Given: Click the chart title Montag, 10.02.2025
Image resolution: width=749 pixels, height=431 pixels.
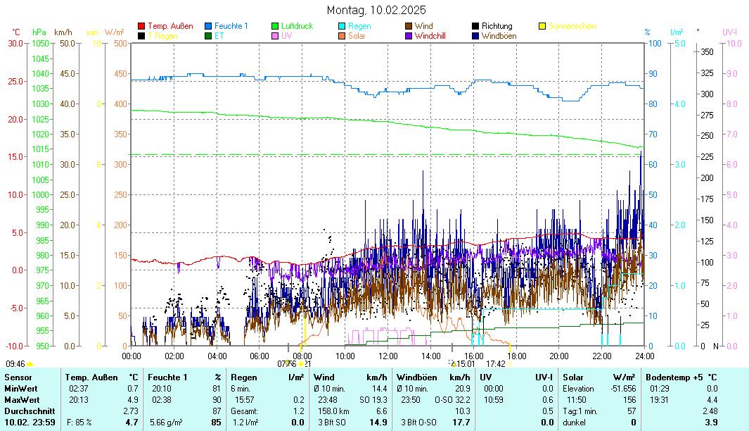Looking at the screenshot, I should [x=376, y=10].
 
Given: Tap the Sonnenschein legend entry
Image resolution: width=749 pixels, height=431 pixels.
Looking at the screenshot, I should [x=572, y=26].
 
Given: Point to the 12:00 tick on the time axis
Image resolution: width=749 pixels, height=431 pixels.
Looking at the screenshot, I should [x=388, y=356].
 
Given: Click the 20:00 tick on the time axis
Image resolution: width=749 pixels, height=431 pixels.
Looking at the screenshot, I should [x=559, y=356].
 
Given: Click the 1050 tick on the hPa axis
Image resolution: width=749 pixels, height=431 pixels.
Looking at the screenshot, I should [x=41, y=43].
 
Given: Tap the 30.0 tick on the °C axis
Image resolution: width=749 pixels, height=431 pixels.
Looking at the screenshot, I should [x=15, y=43].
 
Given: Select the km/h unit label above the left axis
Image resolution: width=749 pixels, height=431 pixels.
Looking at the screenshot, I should [x=63, y=32].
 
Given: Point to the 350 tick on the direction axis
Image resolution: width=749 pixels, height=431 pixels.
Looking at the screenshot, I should [x=708, y=52].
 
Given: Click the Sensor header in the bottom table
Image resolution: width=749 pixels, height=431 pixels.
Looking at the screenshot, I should [x=18, y=378].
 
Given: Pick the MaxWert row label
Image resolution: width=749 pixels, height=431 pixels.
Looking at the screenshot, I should [x=21, y=399].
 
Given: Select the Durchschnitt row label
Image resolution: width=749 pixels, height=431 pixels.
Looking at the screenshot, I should [x=27, y=411].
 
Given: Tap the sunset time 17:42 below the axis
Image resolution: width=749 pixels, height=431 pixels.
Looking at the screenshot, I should [x=496, y=364].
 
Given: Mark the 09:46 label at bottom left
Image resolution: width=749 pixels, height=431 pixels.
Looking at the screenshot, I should [x=15, y=364].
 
